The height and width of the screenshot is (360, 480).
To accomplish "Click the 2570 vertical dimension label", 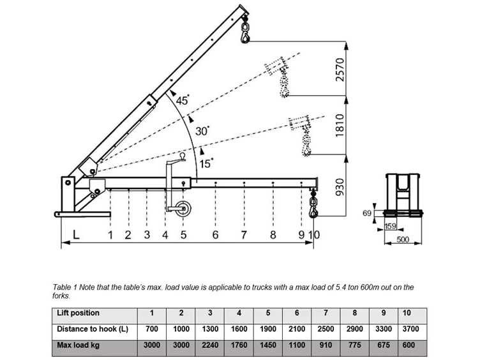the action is pyautogui.click(x=340, y=70).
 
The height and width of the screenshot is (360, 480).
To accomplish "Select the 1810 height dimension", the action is pyautogui.click(x=340, y=126).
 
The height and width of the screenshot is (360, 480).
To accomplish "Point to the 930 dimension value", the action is pyautogui.click(x=340, y=187).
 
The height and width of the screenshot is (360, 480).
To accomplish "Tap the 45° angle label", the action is pyautogui.click(x=183, y=100).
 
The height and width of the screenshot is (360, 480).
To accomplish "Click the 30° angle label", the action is pyautogui.click(x=202, y=131).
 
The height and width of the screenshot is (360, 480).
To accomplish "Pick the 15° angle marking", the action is pyautogui.click(x=206, y=164).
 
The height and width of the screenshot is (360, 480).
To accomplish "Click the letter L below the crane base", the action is pyautogui.click(x=76, y=235).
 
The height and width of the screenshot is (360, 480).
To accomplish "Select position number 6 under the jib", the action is pyautogui.click(x=215, y=235).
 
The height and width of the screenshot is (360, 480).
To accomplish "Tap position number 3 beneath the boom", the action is pyautogui.click(x=147, y=235).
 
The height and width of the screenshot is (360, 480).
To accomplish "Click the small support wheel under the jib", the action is pyautogui.click(x=183, y=209).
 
